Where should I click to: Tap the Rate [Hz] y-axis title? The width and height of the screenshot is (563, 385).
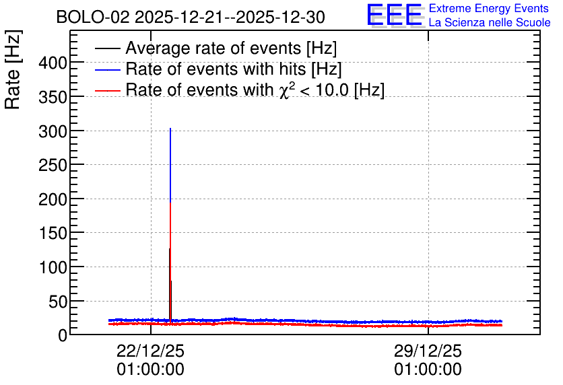pyautogui.click(x=13, y=69)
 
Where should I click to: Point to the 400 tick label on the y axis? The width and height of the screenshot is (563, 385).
pyautogui.click(x=53, y=63)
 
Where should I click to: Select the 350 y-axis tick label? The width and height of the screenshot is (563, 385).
pyautogui.click(x=53, y=97)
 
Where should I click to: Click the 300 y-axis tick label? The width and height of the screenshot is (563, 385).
pyautogui.click(x=53, y=132)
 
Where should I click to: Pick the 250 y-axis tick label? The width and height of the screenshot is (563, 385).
pyautogui.click(x=53, y=166)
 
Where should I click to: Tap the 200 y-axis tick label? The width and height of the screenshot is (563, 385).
pyautogui.click(x=53, y=199)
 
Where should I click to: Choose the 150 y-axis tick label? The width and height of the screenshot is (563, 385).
pyautogui.click(x=53, y=234)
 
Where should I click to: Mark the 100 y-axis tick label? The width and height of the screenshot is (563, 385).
pyautogui.click(x=53, y=268)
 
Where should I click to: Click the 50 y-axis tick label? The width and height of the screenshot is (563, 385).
pyautogui.click(x=58, y=302)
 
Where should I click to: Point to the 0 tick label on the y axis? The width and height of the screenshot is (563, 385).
pyautogui.click(x=63, y=335)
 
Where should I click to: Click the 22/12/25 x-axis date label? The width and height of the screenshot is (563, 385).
pyautogui.click(x=150, y=351)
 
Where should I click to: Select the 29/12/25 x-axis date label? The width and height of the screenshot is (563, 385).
pyautogui.click(x=428, y=351)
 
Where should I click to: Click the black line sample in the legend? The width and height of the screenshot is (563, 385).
pyautogui.click(x=107, y=48)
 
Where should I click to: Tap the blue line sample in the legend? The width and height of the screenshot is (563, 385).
pyautogui.click(x=107, y=69)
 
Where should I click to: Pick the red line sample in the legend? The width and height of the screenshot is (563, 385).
pyautogui.click(x=107, y=90)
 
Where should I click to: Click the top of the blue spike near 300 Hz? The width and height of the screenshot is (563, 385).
pyautogui.click(x=170, y=128)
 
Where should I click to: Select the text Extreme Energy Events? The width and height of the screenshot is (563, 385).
pyautogui.click(x=489, y=8)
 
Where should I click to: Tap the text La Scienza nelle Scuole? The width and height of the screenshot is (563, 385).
pyautogui.click(x=490, y=22)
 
